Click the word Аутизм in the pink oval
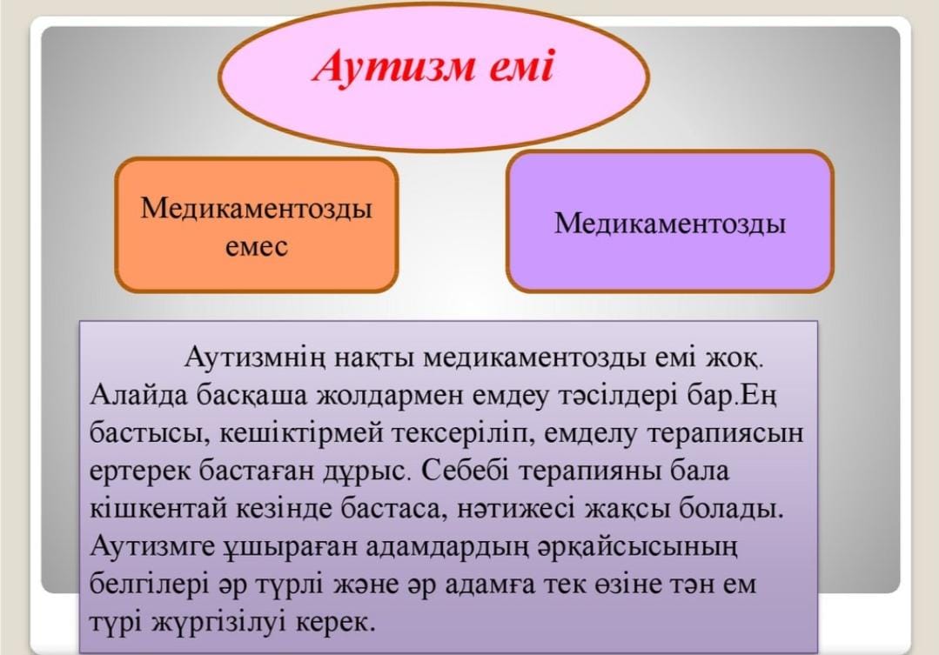pos(392,67)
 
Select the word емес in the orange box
pos(257,247)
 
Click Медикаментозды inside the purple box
pos(669,224)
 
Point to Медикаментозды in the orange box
pos(257,209)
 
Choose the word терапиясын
pos(725,433)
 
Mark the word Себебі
pos(465,471)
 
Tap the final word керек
pos(336,623)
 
